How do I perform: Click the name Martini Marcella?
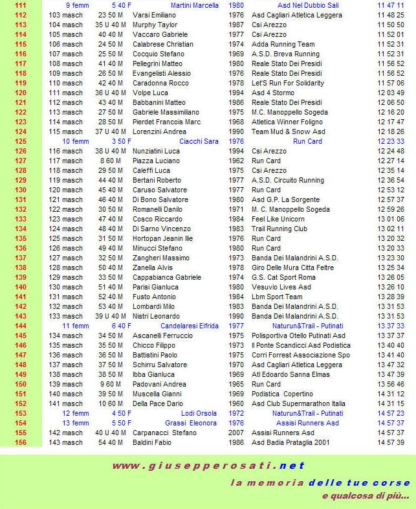click(194, 5)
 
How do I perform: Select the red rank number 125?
click(20, 141)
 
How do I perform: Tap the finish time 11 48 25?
click(390, 15)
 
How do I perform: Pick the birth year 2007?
click(237, 433)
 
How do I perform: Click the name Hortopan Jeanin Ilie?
click(162, 238)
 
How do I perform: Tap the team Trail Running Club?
click(279, 229)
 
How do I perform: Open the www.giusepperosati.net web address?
click(208, 466)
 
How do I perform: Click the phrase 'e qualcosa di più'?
click(365, 496)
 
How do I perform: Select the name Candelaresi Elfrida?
click(189, 326)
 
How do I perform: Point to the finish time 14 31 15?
click(390, 403)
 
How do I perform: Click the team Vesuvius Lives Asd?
click(281, 287)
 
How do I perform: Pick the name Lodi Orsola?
click(199, 413)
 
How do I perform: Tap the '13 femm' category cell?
click(76, 423)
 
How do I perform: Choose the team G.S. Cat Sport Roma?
click(283, 277)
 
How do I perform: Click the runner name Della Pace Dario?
click(158, 403)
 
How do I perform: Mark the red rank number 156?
click(20, 442)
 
